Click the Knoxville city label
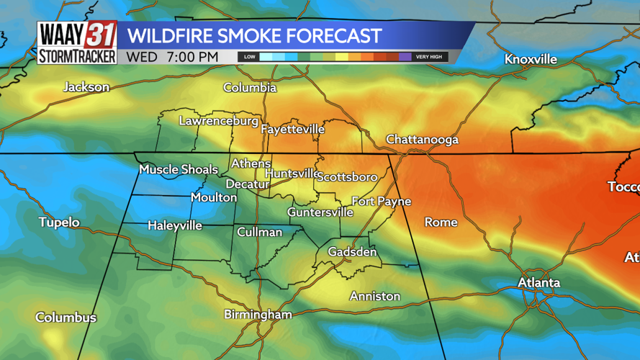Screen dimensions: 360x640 [x=531, y=59]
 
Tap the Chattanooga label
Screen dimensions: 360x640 [x=422, y=139]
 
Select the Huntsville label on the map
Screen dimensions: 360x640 [x=292, y=174]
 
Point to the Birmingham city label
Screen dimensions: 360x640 [x=258, y=315]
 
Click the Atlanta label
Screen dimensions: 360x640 [x=539, y=282]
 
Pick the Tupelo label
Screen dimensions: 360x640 [x=59, y=222]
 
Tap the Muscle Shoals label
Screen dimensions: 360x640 [x=178, y=169]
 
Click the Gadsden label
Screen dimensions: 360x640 [x=352, y=252]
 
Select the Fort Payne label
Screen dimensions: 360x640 [x=381, y=201]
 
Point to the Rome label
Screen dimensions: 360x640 [x=441, y=222]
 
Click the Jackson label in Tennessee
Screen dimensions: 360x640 [x=86, y=87]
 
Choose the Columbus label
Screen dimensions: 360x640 [x=66, y=318]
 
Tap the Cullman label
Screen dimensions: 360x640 [x=260, y=232]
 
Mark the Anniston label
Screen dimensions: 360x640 [x=374, y=296]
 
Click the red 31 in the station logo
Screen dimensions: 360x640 [x=100, y=34]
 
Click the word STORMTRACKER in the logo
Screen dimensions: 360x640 [x=77, y=56]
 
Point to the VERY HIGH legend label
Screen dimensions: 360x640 [x=429, y=57]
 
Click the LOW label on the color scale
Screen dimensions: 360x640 [x=249, y=57]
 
